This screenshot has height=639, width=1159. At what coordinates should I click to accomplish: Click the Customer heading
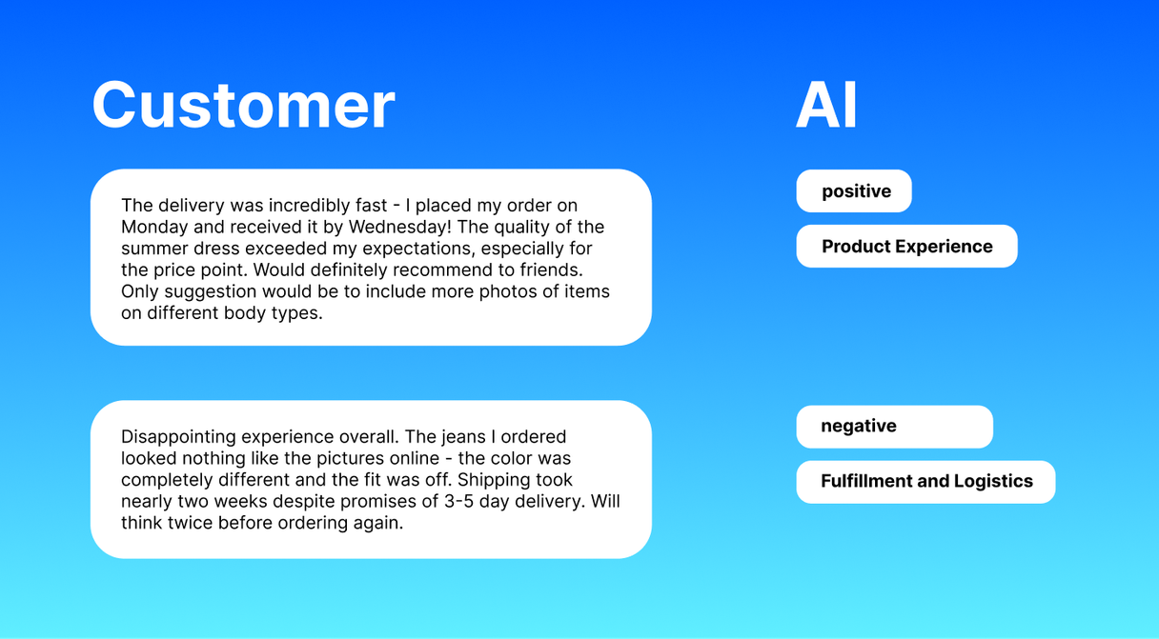243,105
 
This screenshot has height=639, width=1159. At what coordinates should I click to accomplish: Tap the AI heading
826,105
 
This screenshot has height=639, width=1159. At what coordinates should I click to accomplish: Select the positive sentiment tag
855,191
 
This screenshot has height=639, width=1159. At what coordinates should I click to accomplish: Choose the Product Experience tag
906,247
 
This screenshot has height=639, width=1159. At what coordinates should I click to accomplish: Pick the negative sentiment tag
858,427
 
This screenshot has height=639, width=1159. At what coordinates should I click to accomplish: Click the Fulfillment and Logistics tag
925,482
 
